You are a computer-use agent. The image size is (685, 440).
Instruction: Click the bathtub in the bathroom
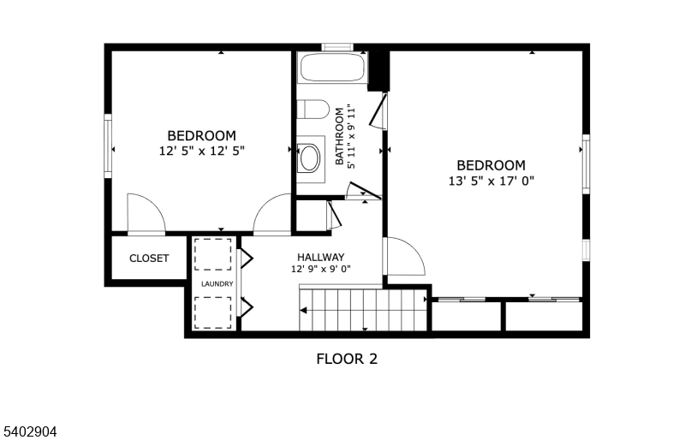[331, 68]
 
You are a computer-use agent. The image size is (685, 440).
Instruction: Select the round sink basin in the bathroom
[309, 157]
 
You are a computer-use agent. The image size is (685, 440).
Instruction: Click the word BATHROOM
[340, 136]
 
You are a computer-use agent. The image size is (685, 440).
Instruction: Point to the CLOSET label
[149, 259]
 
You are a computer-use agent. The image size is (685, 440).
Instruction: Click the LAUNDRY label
[217, 283]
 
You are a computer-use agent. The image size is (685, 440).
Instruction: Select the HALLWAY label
[320, 257]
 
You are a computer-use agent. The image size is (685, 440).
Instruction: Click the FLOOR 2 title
[347, 359]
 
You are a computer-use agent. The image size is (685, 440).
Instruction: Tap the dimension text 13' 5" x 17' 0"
[491, 181]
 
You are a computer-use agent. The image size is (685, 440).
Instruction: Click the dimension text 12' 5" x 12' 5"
[201, 151]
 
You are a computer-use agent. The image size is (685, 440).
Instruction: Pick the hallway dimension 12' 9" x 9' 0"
[321, 270]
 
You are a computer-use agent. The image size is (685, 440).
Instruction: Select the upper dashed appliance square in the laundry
[213, 255]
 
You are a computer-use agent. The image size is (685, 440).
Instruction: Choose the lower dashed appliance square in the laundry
[213, 312]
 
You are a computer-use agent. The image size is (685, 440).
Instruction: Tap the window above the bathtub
[337, 46]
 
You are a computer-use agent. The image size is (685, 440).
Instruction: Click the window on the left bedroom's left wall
[109, 146]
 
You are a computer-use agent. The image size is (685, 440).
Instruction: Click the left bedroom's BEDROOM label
[201, 135]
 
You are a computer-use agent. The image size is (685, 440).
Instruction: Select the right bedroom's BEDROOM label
[491, 165]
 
